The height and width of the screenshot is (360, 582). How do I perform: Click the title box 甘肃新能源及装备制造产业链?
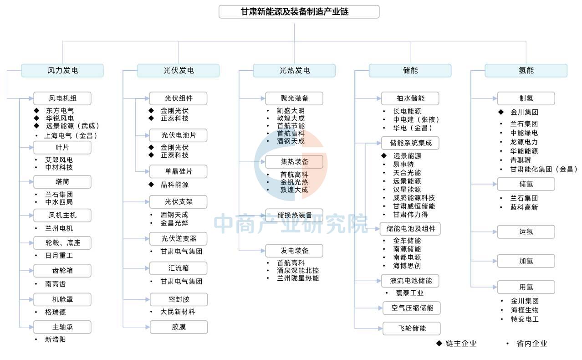299,12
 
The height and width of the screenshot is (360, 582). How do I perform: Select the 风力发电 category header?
62,71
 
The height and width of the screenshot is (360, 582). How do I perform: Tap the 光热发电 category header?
294,71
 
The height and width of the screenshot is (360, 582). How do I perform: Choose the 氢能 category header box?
526,71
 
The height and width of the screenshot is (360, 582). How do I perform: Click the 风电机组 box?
62,98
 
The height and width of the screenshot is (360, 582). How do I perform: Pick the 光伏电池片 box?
178,135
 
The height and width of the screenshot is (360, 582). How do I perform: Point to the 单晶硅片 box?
178,171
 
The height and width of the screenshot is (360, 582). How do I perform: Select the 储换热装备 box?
294,215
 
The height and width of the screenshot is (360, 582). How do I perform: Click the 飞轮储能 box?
412,328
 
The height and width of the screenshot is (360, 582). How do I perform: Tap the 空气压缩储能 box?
412,308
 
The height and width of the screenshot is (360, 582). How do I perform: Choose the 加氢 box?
526,261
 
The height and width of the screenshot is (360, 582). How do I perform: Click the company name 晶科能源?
174,185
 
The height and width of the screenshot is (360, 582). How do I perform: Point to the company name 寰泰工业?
409,293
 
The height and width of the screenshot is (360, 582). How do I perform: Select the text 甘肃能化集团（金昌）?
544,169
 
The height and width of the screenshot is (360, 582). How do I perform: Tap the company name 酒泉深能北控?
298,270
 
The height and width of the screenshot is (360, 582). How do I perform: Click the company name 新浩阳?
56,339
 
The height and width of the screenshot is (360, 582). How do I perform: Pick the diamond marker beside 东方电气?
36,110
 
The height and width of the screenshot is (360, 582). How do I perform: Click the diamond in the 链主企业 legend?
439,343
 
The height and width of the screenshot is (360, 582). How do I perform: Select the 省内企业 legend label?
532,344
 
